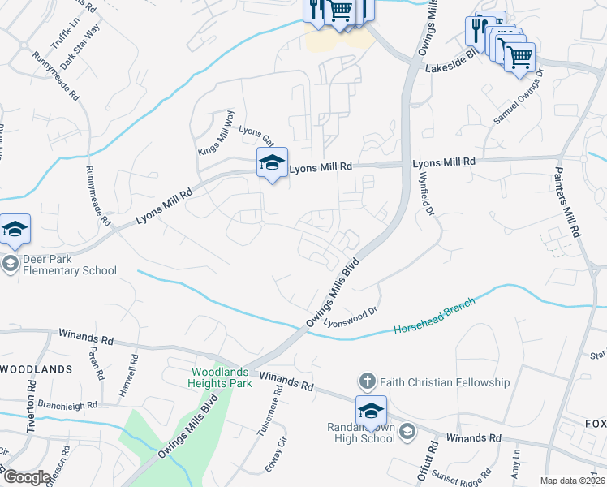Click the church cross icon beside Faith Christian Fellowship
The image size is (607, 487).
point(367,381)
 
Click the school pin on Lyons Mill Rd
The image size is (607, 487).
point(272,163)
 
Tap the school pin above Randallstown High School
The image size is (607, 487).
point(371,411)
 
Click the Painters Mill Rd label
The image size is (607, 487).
point(569,202)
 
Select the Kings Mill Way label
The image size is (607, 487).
point(215,133)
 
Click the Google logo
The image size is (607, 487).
point(27,477)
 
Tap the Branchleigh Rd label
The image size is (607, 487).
point(68,404)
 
